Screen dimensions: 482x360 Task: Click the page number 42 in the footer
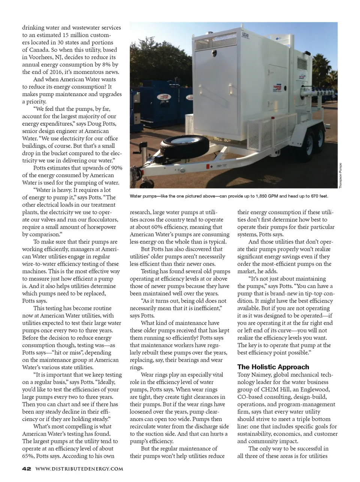point(26,468)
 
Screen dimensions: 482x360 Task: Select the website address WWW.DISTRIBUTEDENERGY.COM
point(79,468)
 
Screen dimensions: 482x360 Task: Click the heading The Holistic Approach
point(273,367)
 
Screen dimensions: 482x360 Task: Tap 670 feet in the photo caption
point(318,196)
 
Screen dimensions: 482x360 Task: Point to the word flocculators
point(102,219)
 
